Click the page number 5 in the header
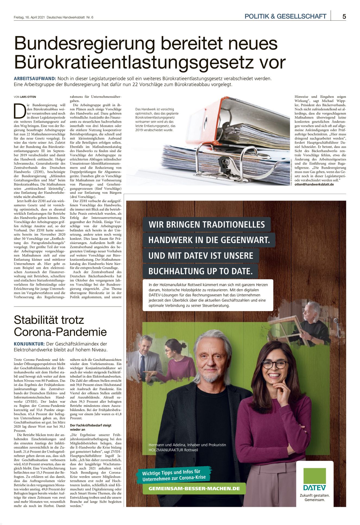coord(344,17)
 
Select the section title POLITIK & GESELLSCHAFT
coord(285,17)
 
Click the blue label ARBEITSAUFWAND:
coord(35,79)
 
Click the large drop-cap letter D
coord(20,111)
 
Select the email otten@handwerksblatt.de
coord(314,185)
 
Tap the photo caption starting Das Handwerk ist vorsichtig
coord(157,120)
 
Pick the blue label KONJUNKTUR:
coord(29,344)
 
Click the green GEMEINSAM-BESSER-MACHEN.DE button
coord(194,489)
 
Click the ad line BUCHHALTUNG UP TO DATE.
coord(200,271)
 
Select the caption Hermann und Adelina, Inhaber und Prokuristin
coord(187,445)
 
